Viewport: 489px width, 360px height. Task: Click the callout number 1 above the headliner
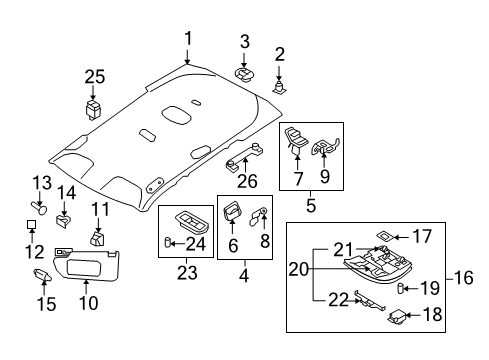189,39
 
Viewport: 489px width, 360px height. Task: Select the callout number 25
95,77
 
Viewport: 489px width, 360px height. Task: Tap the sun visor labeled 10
87,264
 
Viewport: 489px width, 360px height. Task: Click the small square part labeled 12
31,224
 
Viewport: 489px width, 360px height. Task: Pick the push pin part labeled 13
39,207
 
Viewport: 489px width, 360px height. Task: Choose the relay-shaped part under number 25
93,108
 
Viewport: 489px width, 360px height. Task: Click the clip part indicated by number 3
244,75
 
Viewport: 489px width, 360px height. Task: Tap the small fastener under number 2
279,87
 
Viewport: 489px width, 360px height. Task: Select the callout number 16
463,278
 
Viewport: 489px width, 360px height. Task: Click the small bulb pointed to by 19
401,288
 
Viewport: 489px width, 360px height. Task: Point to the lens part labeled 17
386,235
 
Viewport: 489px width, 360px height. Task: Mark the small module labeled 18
397,316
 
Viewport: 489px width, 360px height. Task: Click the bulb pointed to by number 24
168,242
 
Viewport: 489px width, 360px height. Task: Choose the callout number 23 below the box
187,273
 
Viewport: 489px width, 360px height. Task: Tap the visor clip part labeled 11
97,238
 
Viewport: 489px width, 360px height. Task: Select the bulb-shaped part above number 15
43,275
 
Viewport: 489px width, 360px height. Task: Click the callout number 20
299,269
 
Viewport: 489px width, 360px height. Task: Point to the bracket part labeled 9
325,146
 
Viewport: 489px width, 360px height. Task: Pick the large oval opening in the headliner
176,114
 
